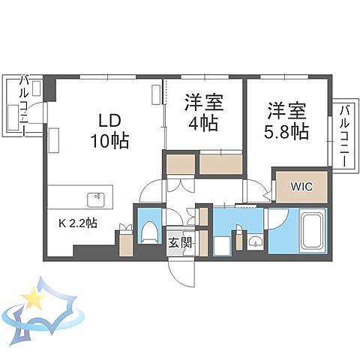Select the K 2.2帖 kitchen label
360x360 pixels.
tap(79, 223)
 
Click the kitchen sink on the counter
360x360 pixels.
tap(96, 199)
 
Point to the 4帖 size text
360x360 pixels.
tap(203, 124)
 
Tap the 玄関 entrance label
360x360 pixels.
tap(180, 242)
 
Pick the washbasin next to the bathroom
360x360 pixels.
tap(255, 241)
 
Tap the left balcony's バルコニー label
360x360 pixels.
tap(25, 104)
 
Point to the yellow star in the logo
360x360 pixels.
tap(34, 299)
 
